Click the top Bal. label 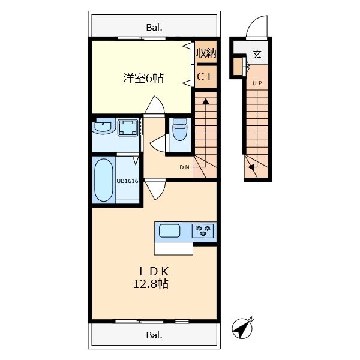[x=154, y=27]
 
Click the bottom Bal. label [x=154, y=335]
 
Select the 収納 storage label [x=206, y=53]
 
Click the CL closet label [x=206, y=77]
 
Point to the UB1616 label [x=127, y=180]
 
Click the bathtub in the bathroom [x=104, y=180]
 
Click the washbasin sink [x=103, y=128]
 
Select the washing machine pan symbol [x=127, y=128]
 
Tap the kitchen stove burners [x=203, y=230]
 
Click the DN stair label [x=184, y=167]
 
